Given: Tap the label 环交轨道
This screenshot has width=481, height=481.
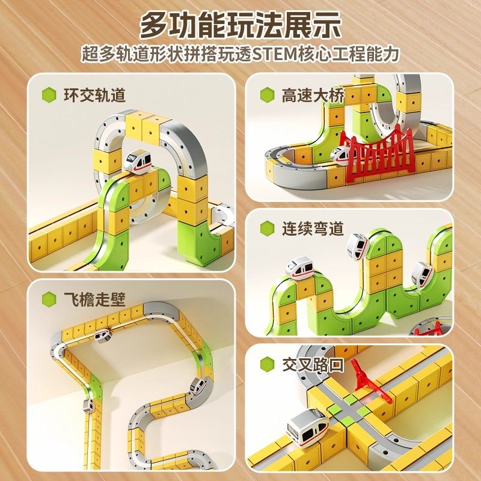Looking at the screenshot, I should tap(94, 94).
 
